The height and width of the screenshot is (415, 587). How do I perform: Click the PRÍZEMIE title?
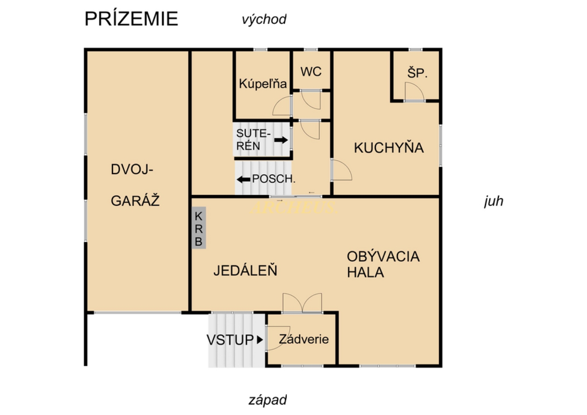coord(131,18)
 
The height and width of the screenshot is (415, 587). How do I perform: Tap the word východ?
coord(264,20)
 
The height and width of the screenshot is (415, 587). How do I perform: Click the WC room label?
coord(311,72)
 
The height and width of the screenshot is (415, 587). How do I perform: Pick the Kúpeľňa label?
coord(263,84)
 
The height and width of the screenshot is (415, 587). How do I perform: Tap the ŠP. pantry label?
coord(417,73)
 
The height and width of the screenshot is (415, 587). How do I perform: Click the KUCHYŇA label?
coord(389,148)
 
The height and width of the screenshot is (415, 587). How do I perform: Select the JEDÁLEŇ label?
coord(245,270)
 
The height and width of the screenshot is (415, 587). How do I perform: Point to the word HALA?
coord(365,272)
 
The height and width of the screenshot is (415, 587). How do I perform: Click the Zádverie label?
coord(304,339)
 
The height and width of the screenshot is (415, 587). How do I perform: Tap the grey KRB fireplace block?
coord(199,227)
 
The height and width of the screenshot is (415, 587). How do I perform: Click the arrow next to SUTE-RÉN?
coord(281,140)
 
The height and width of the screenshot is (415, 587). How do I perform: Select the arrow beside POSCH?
coord(243,180)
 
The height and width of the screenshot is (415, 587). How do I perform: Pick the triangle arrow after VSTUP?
coord(260,340)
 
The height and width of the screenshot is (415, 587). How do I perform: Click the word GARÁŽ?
coord(135,201)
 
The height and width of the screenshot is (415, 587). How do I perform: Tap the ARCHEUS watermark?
coord(293,207)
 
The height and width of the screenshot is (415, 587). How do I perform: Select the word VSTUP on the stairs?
coord(230,340)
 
